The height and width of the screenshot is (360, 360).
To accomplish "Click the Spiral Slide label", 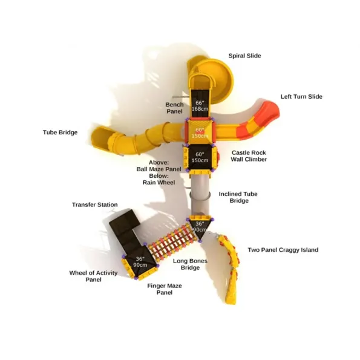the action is [x=244, y=56].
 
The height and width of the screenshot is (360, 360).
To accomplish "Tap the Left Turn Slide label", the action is [x=301, y=96].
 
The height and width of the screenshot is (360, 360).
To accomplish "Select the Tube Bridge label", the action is [x=60, y=133].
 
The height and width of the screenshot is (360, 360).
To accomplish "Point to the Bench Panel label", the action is [x=174, y=108].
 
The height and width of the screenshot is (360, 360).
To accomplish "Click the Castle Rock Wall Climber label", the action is [x=249, y=156].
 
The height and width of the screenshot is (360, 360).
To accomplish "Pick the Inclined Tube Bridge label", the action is [x=238, y=197].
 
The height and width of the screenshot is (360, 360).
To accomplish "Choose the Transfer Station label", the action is [x=94, y=205].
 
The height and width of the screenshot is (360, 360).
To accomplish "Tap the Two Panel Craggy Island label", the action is [x=283, y=250].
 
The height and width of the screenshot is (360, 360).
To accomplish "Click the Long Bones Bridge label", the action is [x=190, y=264].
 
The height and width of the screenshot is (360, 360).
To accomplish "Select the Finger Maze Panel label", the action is [x=165, y=289].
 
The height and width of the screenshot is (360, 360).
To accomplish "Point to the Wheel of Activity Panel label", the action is [x=93, y=276].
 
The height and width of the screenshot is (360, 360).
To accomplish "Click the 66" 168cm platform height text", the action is [x=200, y=106].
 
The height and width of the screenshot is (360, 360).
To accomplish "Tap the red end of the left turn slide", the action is [x=269, y=111].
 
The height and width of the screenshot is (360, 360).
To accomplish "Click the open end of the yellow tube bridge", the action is [x=99, y=137].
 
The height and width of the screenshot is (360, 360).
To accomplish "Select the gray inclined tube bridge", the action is [x=200, y=196].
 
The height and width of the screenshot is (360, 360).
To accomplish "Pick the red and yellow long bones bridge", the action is [x=172, y=243].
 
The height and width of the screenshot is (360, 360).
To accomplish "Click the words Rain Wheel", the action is [x=159, y=183].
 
